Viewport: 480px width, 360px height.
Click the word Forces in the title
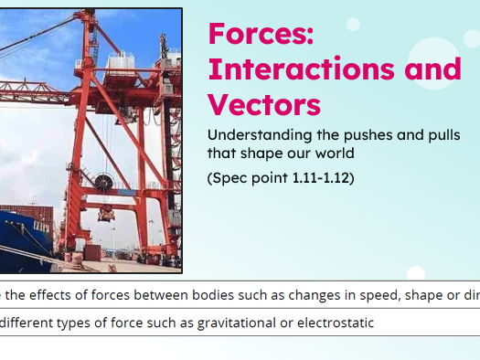coord(261,34)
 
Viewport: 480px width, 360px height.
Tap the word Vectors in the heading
coord(264,103)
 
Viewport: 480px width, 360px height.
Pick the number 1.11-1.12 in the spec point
coord(321,177)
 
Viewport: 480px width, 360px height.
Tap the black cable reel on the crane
coord(103,184)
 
